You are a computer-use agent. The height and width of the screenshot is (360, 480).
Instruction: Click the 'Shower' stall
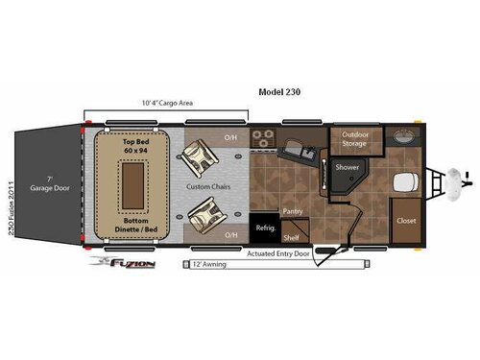click(347, 173)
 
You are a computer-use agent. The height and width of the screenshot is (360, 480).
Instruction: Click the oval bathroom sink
click(403, 135)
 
